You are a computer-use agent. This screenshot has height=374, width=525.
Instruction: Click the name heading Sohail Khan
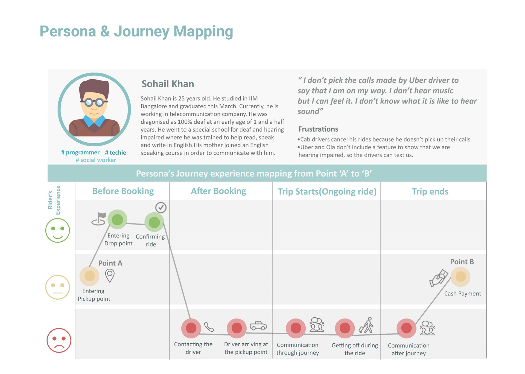pos(168,84)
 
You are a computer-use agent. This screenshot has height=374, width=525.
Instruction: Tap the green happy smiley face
pos(57,230)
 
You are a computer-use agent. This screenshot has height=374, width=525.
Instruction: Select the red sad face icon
pos(59,340)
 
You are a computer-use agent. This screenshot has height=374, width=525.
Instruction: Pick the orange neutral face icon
pos(57,287)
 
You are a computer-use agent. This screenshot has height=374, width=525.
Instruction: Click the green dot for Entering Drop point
pos(117,219)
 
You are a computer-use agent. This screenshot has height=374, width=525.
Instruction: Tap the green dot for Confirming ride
pos(154,222)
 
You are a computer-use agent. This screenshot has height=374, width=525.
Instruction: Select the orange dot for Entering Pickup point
pos(89,276)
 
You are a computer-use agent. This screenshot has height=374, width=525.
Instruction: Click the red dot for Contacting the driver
pos(191,328)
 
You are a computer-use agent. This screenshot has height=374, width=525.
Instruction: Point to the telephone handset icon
pos(209,327)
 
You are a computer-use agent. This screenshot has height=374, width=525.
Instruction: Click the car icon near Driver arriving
pos(258,326)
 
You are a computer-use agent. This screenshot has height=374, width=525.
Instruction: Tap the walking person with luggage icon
pos(366,325)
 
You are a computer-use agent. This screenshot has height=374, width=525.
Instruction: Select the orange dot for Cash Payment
pos(460,277)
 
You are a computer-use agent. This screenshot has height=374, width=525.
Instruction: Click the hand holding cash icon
pos(439,278)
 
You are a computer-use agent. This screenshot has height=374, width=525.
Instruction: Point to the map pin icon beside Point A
pos(110,275)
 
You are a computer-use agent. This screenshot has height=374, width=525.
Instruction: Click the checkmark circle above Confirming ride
pos(161,208)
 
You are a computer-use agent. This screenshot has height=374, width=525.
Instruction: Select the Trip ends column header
pos(430,192)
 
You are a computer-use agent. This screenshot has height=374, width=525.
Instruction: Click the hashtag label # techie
pos(116,153)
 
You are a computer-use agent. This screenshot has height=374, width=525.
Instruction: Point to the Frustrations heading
pos(318,129)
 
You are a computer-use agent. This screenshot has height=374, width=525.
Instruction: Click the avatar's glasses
pos(94,103)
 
